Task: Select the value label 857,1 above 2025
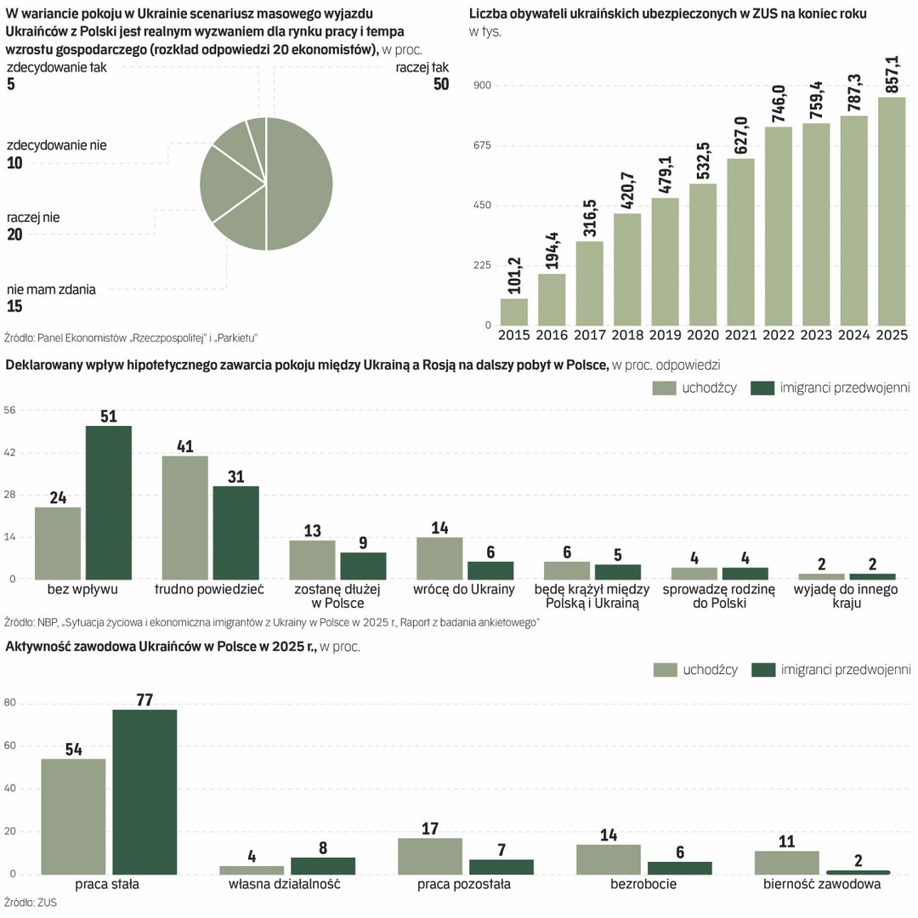(x=891, y=74)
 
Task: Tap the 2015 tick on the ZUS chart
(x=514, y=336)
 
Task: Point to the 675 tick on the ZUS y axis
(x=481, y=145)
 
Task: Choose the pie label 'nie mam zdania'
(x=51, y=290)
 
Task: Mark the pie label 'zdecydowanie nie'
(x=57, y=145)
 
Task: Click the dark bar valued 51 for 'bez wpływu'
(x=109, y=501)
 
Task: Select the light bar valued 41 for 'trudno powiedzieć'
(x=184, y=517)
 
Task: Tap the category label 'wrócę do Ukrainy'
(x=465, y=589)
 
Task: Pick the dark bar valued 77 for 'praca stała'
(x=144, y=791)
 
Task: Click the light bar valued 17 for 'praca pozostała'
(x=430, y=856)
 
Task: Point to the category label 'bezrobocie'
(x=643, y=884)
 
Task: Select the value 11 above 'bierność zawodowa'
(x=786, y=841)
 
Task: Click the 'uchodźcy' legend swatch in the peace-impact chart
(x=664, y=388)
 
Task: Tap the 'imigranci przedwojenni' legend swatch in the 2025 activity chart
(x=764, y=670)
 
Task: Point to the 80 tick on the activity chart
(x=12, y=703)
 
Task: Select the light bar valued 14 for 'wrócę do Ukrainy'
(x=439, y=558)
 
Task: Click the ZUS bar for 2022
(x=779, y=225)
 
